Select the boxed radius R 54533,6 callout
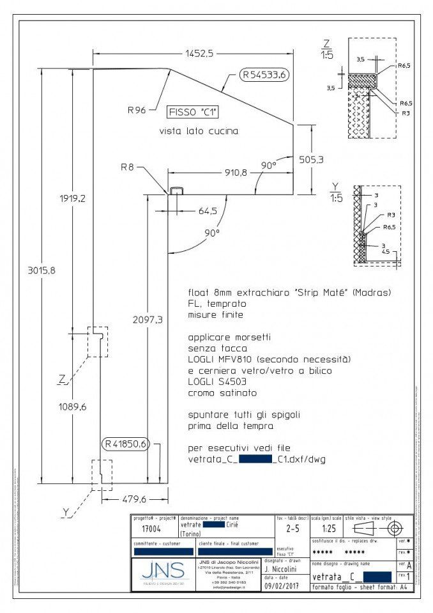265,75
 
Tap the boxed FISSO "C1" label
192,112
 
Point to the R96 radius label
137,110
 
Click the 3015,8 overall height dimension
42,270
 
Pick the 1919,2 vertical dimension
75,198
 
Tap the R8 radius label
127,168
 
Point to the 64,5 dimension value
208,210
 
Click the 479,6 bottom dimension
133,499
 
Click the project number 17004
151,529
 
